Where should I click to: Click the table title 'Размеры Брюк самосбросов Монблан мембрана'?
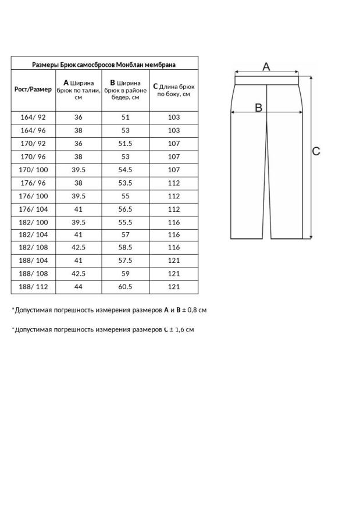[x=104, y=65]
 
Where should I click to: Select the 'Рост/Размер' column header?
[x=33, y=90]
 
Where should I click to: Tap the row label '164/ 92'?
[x=33, y=117]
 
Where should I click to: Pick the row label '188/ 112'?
[x=33, y=287]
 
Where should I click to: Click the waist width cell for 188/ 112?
[x=79, y=287]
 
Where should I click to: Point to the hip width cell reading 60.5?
[x=126, y=287]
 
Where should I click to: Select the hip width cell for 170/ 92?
[x=126, y=143]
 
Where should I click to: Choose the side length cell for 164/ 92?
[x=174, y=117]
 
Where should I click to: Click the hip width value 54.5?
[x=126, y=169]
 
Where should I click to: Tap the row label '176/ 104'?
[x=33, y=208]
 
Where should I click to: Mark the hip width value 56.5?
[x=126, y=208]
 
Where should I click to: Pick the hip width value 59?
[x=126, y=273]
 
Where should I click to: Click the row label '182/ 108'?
[x=33, y=247]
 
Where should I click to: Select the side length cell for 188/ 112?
[x=174, y=287]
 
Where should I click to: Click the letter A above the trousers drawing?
[x=266, y=67]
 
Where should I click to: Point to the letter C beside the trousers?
[x=316, y=151]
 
